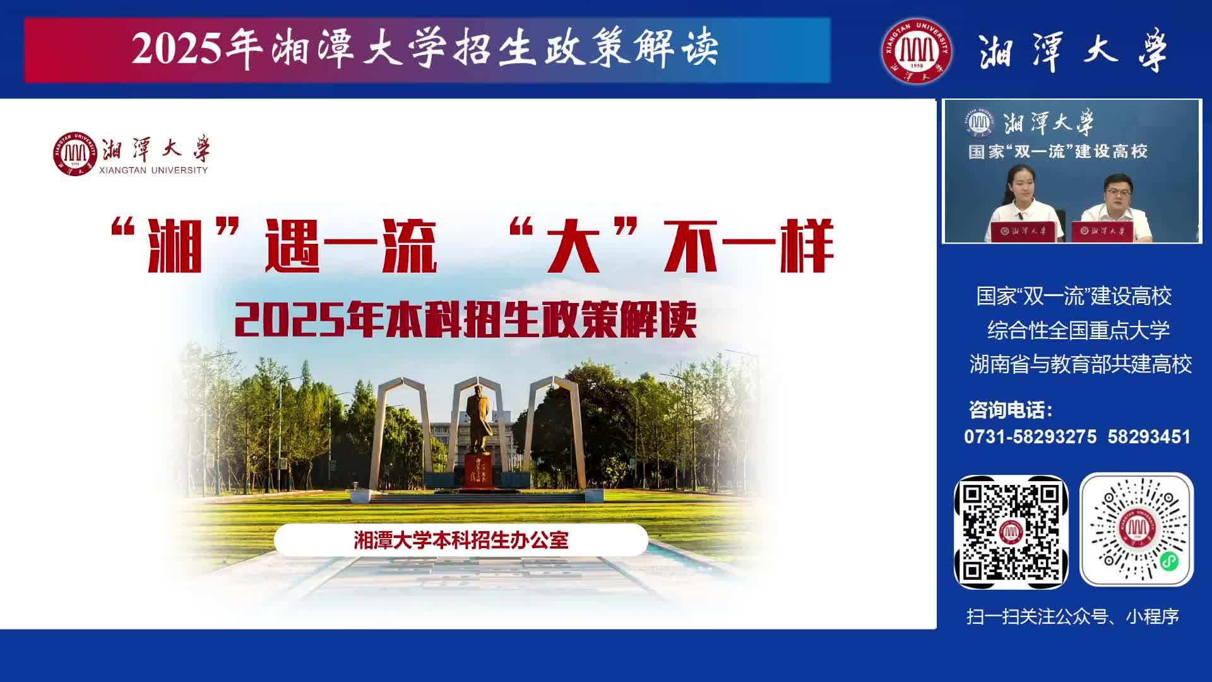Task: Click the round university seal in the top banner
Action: coord(917,51)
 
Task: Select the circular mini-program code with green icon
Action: coord(1136,530)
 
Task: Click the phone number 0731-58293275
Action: coord(1030,437)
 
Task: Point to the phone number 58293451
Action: coord(1149,437)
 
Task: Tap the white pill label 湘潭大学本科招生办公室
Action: coord(461,541)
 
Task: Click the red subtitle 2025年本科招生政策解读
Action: coord(465,320)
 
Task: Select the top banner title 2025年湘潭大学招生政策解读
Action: coord(425,49)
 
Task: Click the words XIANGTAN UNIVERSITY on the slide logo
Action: coord(153,170)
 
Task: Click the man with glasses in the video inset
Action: coord(1116,207)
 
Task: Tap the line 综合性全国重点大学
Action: coord(1078,330)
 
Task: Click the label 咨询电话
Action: coord(1011,410)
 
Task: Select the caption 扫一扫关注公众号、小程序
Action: coord(1072,616)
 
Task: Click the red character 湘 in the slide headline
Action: coord(174,246)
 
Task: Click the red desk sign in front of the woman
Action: coord(1027,231)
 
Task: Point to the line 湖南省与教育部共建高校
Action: coord(1081,364)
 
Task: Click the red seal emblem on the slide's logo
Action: coord(75,153)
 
